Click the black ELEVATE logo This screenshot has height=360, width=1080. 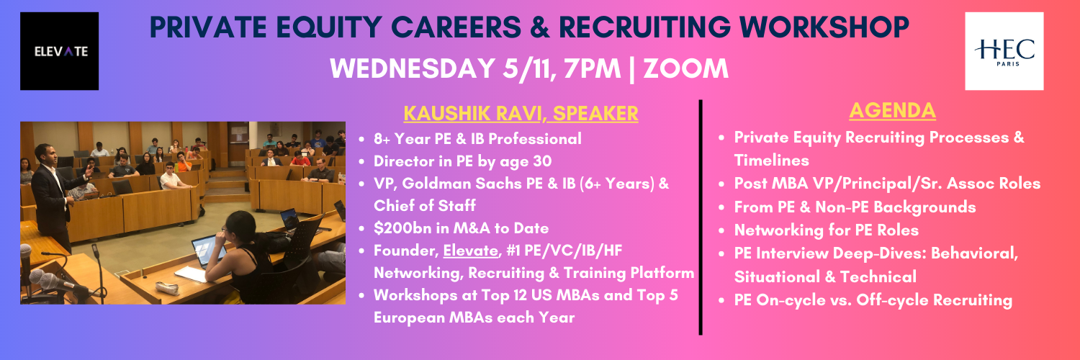click(x=59, y=51)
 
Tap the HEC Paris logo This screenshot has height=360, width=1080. click(x=1004, y=51)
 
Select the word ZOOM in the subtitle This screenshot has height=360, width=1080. click(x=685, y=68)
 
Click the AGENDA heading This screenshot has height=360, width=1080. click(x=893, y=110)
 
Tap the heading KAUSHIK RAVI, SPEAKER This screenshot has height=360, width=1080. click(x=521, y=113)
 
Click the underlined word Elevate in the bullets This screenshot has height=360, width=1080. click(x=471, y=251)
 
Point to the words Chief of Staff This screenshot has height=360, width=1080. click(x=425, y=206)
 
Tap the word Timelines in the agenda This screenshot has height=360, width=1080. click(x=771, y=161)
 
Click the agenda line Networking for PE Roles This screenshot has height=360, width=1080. click(x=827, y=230)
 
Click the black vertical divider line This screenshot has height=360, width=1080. click(x=700, y=217)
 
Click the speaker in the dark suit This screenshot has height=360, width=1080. click(x=53, y=197)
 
